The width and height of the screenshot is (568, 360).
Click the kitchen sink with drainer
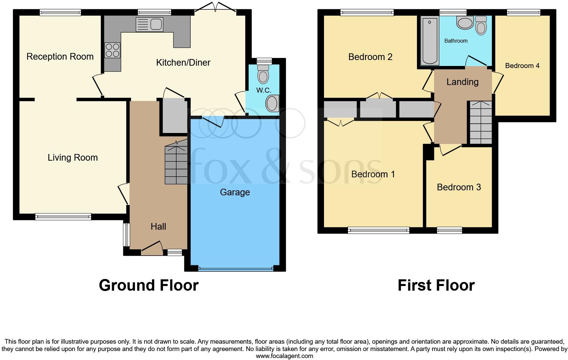(x=149, y=25)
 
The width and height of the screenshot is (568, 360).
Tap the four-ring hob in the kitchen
(x=112, y=50)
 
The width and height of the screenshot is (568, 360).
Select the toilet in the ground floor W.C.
(x=263, y=74)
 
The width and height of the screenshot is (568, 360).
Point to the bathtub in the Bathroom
(x=430, y=41)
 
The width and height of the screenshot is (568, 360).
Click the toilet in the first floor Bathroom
(x=481, y=26)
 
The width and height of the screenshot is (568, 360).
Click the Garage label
(x=235, y=192)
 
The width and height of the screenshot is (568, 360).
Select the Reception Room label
(x=60, y=57)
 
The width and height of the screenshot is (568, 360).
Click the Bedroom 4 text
(x=522, y=66)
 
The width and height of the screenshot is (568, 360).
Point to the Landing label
(x=462, y=82)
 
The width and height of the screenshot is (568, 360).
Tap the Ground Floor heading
(x=149, y=285)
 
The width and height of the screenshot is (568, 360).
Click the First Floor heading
(x=436, y=285)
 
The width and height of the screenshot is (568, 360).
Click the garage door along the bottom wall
(x=236, y=268)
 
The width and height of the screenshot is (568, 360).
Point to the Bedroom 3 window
(x=449, y=230)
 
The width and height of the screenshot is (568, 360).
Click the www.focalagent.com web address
(x=284, y=356)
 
